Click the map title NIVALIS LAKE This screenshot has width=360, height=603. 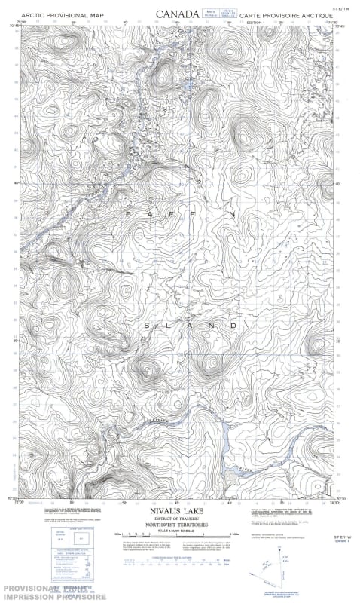(180, 510)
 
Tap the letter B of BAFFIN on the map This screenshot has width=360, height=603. (128, 214)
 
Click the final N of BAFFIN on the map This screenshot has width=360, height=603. (232, 214)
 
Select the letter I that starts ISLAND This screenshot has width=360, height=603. (129, 325)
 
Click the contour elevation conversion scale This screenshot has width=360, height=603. (180, 561)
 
